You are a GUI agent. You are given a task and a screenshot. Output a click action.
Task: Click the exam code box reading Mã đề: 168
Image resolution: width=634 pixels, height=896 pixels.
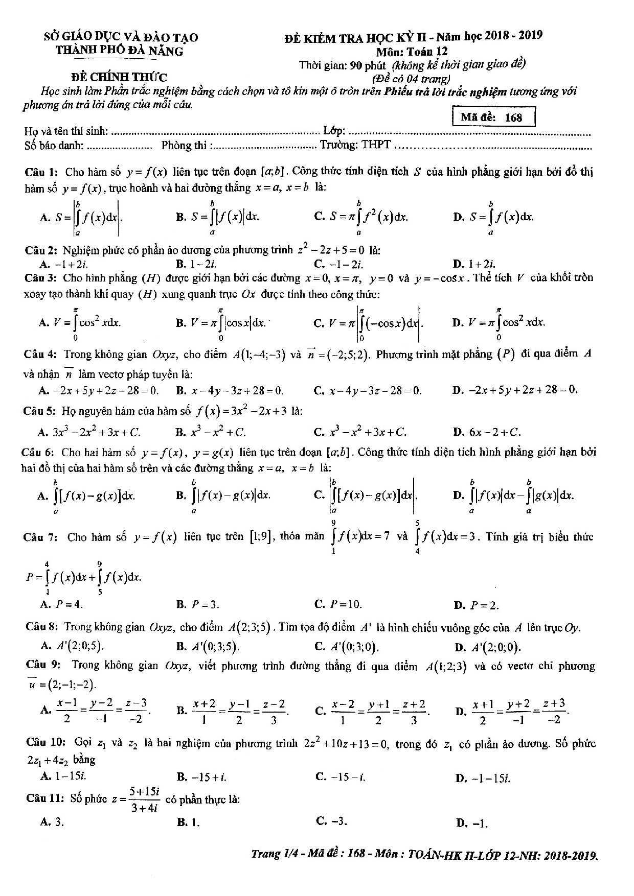(494, 117)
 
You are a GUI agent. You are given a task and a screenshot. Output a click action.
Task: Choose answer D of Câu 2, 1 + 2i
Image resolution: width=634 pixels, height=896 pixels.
(474, 264)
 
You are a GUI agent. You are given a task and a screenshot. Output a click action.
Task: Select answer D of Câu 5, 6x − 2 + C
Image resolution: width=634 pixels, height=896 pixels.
(488, 432)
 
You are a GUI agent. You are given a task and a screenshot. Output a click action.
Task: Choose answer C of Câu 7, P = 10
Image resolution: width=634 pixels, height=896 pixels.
(339, 604)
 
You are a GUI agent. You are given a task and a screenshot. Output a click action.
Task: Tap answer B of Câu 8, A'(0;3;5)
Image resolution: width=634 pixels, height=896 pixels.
(208, 647)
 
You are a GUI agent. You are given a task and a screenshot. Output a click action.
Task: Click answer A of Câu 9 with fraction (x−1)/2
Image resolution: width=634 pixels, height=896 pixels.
(95, 711)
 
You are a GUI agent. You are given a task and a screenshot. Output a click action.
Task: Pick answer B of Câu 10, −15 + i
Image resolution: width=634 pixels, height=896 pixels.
(202, 777)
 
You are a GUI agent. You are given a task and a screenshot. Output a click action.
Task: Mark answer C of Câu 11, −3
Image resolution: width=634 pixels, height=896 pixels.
(333, 822)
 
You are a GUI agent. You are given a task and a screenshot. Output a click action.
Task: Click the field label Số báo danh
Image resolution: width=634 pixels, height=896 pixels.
(54, 145)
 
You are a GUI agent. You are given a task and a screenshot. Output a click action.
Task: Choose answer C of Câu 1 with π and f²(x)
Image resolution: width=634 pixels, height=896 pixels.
(362, 216)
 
